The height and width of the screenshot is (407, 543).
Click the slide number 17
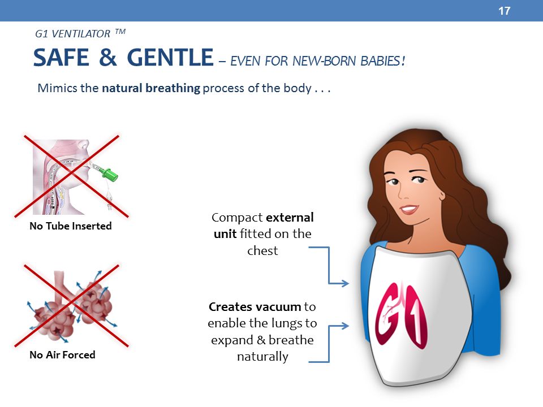504,11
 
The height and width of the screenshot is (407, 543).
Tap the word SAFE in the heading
61,58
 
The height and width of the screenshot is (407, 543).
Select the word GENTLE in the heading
170,58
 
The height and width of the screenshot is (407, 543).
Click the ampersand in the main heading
107,58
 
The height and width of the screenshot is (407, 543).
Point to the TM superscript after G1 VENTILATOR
120,32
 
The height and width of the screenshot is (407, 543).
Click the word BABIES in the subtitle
383,61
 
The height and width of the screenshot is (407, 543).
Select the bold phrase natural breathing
151,88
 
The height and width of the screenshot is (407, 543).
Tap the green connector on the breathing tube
110,174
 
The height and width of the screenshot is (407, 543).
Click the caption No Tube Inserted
71,226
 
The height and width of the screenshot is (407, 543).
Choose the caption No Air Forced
62,355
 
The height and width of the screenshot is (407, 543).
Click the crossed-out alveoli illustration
71,306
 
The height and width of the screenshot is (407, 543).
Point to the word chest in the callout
262,250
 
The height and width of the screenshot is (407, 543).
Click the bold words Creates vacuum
255,306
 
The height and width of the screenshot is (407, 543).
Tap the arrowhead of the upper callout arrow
344,283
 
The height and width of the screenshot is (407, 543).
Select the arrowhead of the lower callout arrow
344,326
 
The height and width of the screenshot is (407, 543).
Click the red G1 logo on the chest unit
402,315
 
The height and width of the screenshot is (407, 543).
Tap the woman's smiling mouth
409,209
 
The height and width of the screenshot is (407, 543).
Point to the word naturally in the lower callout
262,357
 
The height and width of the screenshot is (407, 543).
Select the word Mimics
58,88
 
